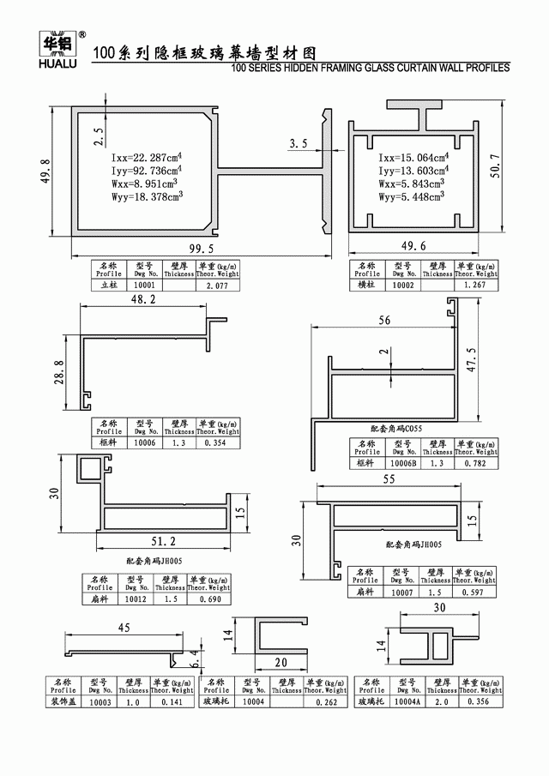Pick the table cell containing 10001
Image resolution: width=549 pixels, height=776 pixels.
tap(143, 285)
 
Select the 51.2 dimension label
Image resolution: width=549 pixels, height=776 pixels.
tap(161, 540)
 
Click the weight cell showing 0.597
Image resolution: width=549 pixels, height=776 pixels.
tap(475, 592)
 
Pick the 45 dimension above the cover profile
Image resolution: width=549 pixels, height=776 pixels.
tap(123, 627)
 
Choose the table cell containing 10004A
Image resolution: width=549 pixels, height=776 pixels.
tap(406, 701)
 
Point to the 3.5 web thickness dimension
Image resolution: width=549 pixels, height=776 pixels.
tap(299, 143)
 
